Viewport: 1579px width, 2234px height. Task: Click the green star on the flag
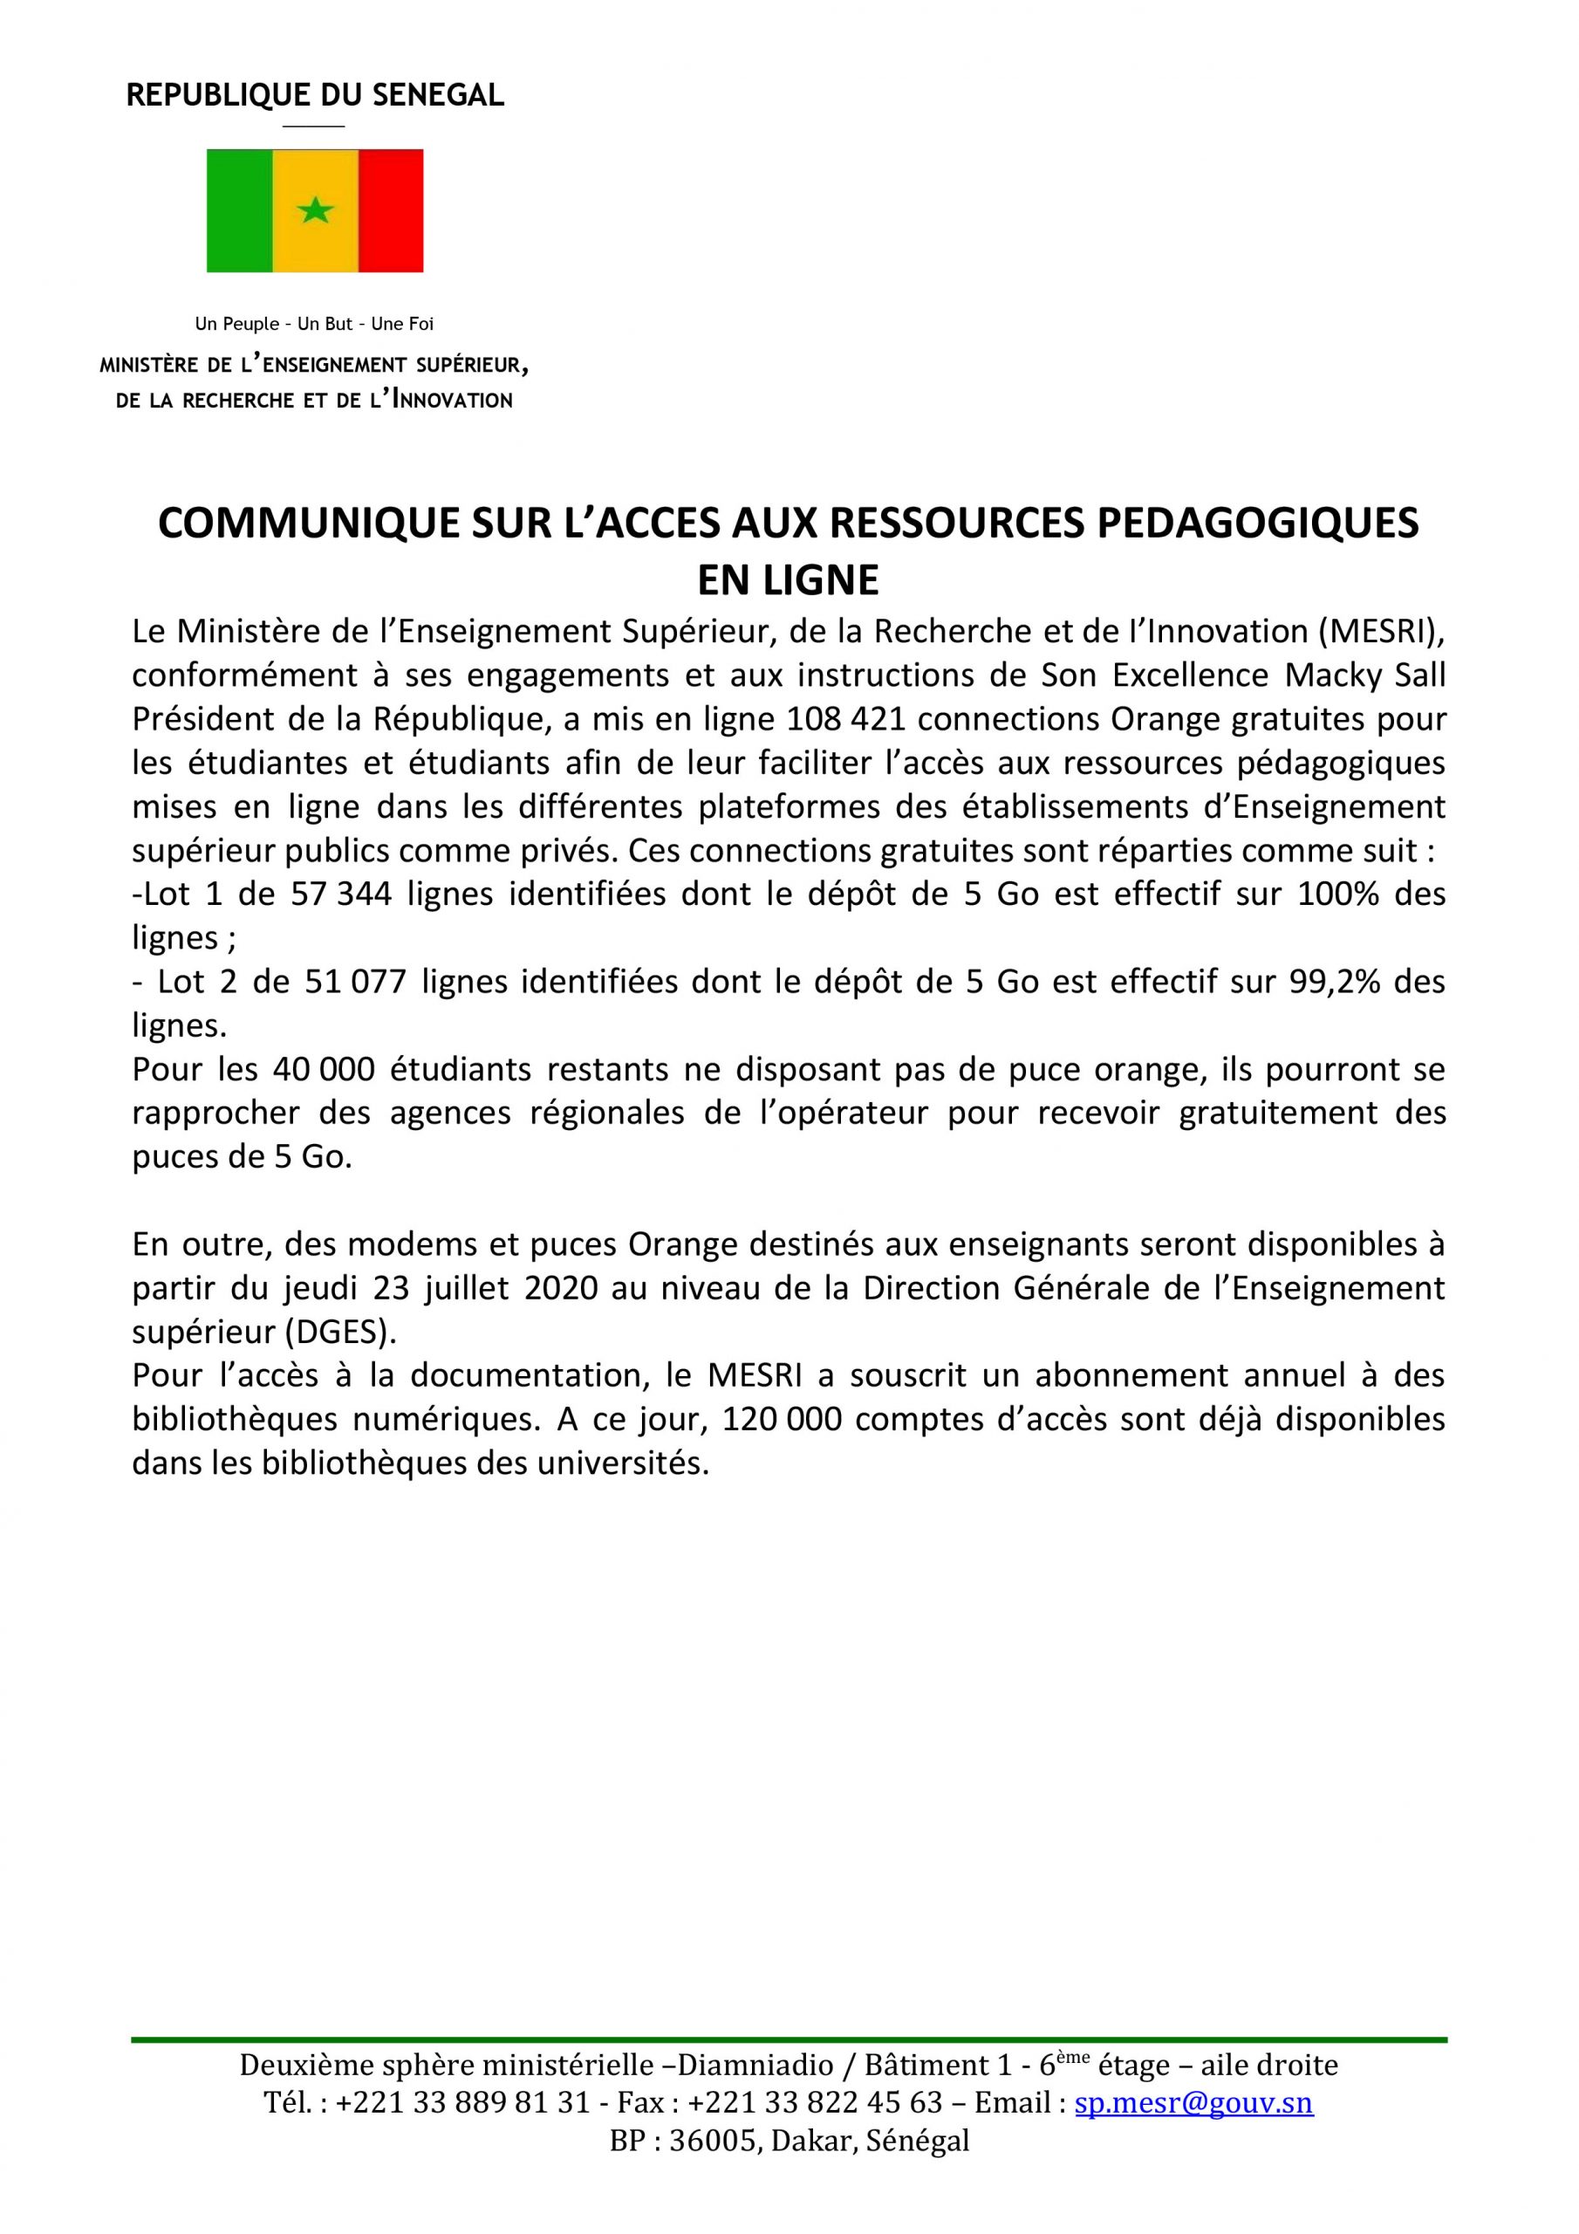tap(314, 210)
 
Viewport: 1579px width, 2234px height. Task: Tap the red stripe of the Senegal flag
tap(390, 210)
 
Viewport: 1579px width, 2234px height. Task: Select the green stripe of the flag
tap(239, 210)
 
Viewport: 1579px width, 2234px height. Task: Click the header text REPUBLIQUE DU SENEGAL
tap(315, 95)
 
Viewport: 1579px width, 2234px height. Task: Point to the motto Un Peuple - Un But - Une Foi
tap(314, 324)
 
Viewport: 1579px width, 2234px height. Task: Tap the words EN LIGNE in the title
tap(788, 580)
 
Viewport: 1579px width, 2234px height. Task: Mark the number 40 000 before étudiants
tap(323, 1069)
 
